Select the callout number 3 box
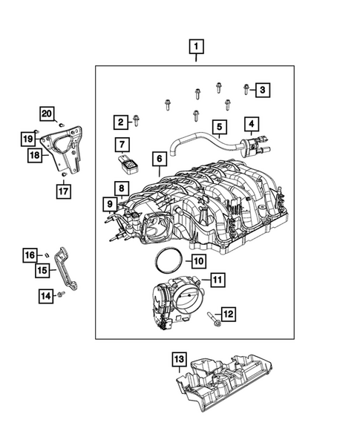click(261, 91)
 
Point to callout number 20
click(47, 114)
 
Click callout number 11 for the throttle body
click(216, 280)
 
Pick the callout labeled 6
click(158, 159)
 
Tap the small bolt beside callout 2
click(137, 120)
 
